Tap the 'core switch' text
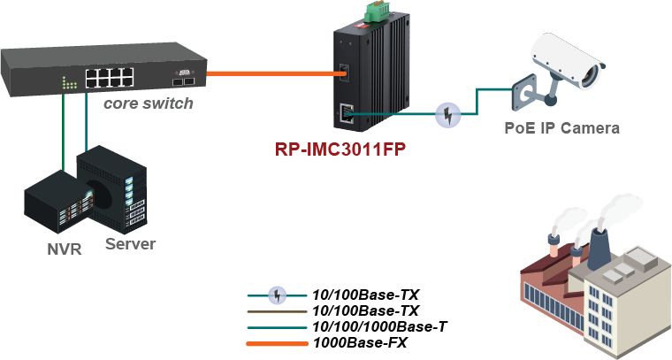point(149,103)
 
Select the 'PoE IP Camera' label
point(562,127)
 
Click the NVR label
point(64,249)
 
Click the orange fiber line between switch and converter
point(269,73)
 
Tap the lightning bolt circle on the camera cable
point(449,113)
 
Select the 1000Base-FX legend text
point(361,343)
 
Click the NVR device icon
point(54,208)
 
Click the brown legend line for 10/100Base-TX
point(276,310)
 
